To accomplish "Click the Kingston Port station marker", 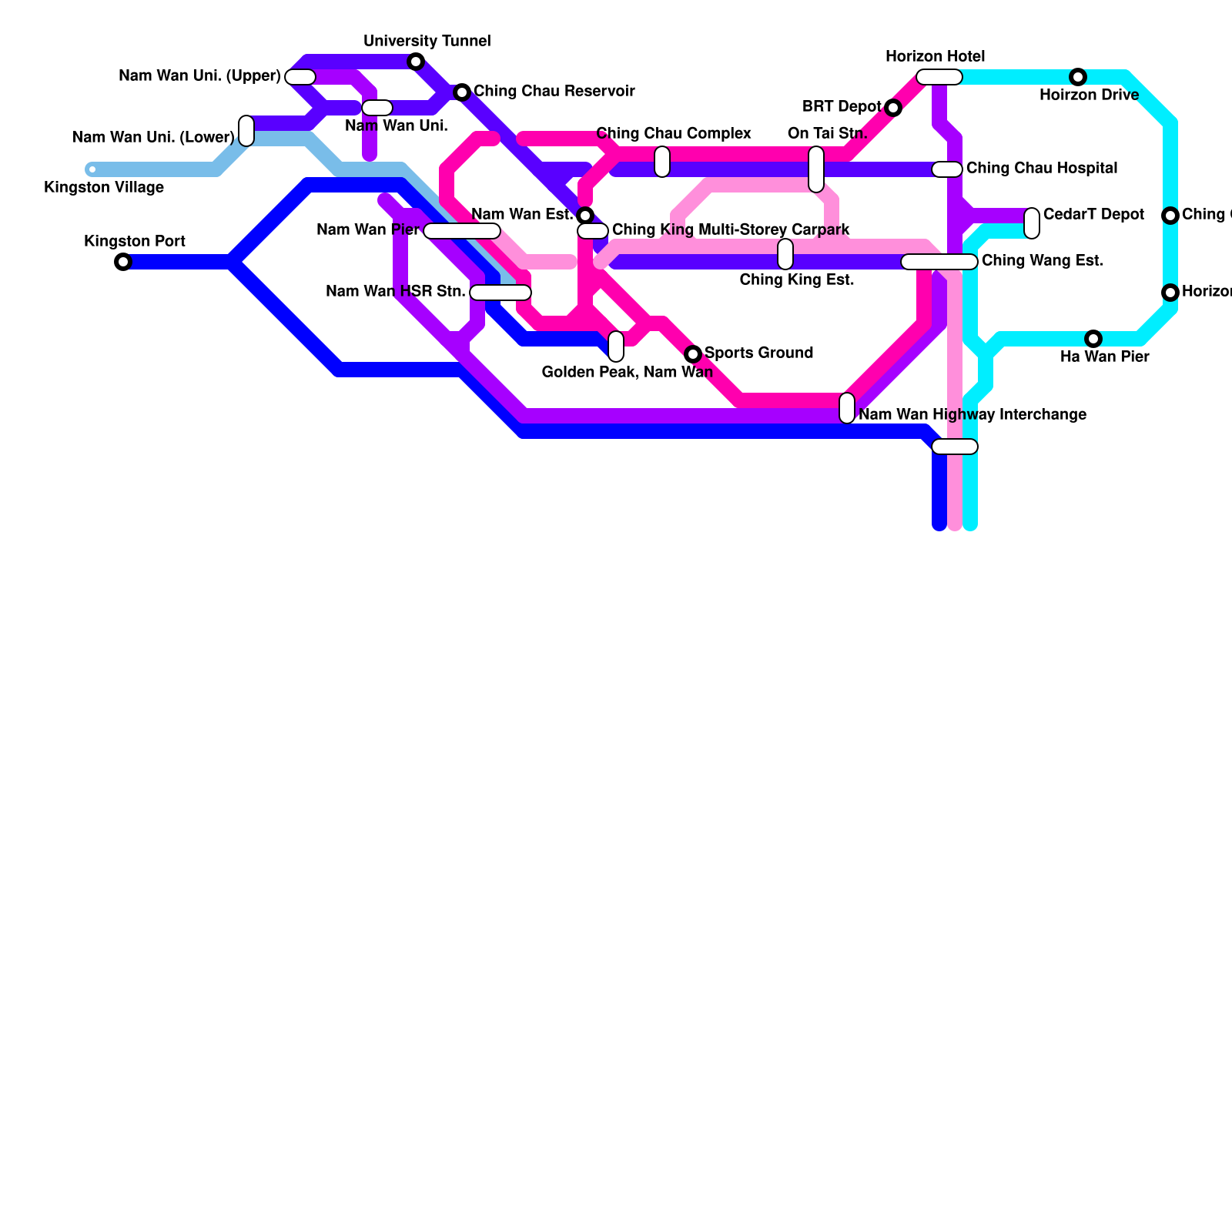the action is [x=123, y=262].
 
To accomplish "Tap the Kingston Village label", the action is [x=104, y=188].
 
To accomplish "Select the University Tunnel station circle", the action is [x=416, y=62].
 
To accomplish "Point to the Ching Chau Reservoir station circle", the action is [x=462, y=92].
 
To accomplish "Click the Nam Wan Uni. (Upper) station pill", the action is [x=300, y=77].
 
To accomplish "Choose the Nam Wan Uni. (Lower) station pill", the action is [x=246, y=130].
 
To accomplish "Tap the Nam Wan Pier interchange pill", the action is [x=462, y=231].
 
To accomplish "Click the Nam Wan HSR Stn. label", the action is [x=396, y=292].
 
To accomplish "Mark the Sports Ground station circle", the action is [x=693, y=354].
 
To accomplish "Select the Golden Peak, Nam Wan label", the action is [x=628, y=373].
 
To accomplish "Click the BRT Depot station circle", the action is [x=893, y=108].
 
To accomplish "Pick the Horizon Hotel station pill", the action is [x=939, y=77].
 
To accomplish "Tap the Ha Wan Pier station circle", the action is [x=1093, y=339].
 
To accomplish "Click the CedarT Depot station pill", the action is [x=1032, y=223].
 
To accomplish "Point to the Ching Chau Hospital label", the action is [x=1042, y=169].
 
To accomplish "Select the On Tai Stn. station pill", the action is [x=816, y=169].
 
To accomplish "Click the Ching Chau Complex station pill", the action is [x=662, y=162].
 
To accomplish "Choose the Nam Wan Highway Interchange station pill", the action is [x=847, y=408].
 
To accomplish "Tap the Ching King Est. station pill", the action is [x=785, y=254].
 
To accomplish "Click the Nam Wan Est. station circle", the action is [x=585, y=216].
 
